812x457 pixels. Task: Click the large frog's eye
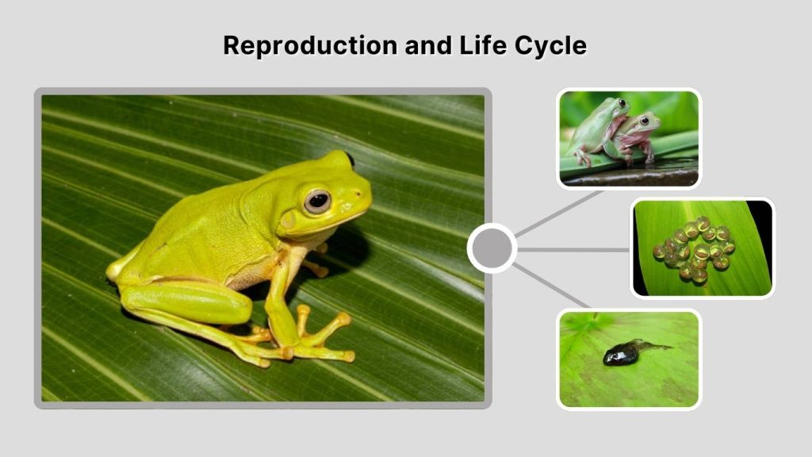pos(318,201)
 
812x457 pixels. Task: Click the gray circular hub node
pos(492,249)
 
